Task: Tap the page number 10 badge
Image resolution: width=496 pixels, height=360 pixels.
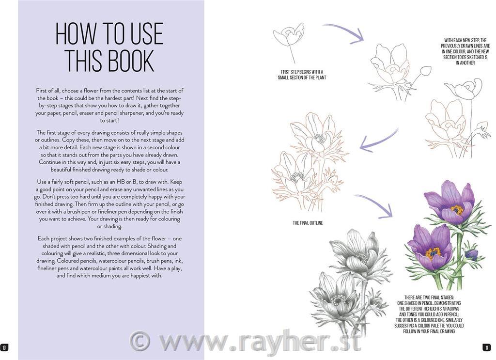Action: click(x=4, y=348)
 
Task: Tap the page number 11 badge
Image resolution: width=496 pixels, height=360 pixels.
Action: click(x=486, y=348)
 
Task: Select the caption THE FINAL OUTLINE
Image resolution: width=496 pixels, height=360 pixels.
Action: click(x=308, y=223)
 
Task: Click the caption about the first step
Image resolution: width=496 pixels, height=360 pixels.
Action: click(x=302, y=75)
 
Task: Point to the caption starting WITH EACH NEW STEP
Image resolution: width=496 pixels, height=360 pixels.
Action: click(x=465, y=51)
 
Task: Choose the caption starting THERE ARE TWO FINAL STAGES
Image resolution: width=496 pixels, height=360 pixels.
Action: click(x=429, y=314)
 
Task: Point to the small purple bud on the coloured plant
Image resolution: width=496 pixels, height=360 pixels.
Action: click(x=471, y=254)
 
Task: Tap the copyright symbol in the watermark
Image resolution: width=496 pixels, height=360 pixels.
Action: click(x=140, y=341)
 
